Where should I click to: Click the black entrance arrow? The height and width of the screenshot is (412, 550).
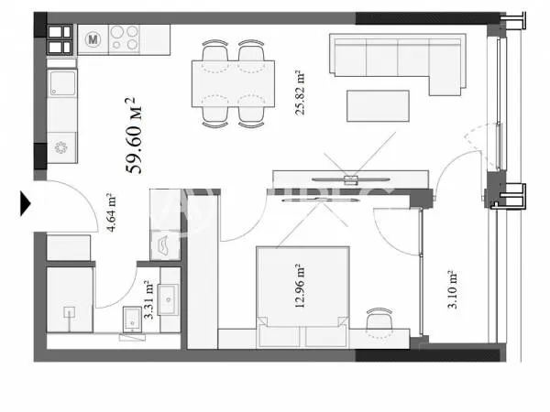(x=26, y=202)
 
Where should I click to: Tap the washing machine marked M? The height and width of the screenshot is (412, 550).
(x=93, y=39)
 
